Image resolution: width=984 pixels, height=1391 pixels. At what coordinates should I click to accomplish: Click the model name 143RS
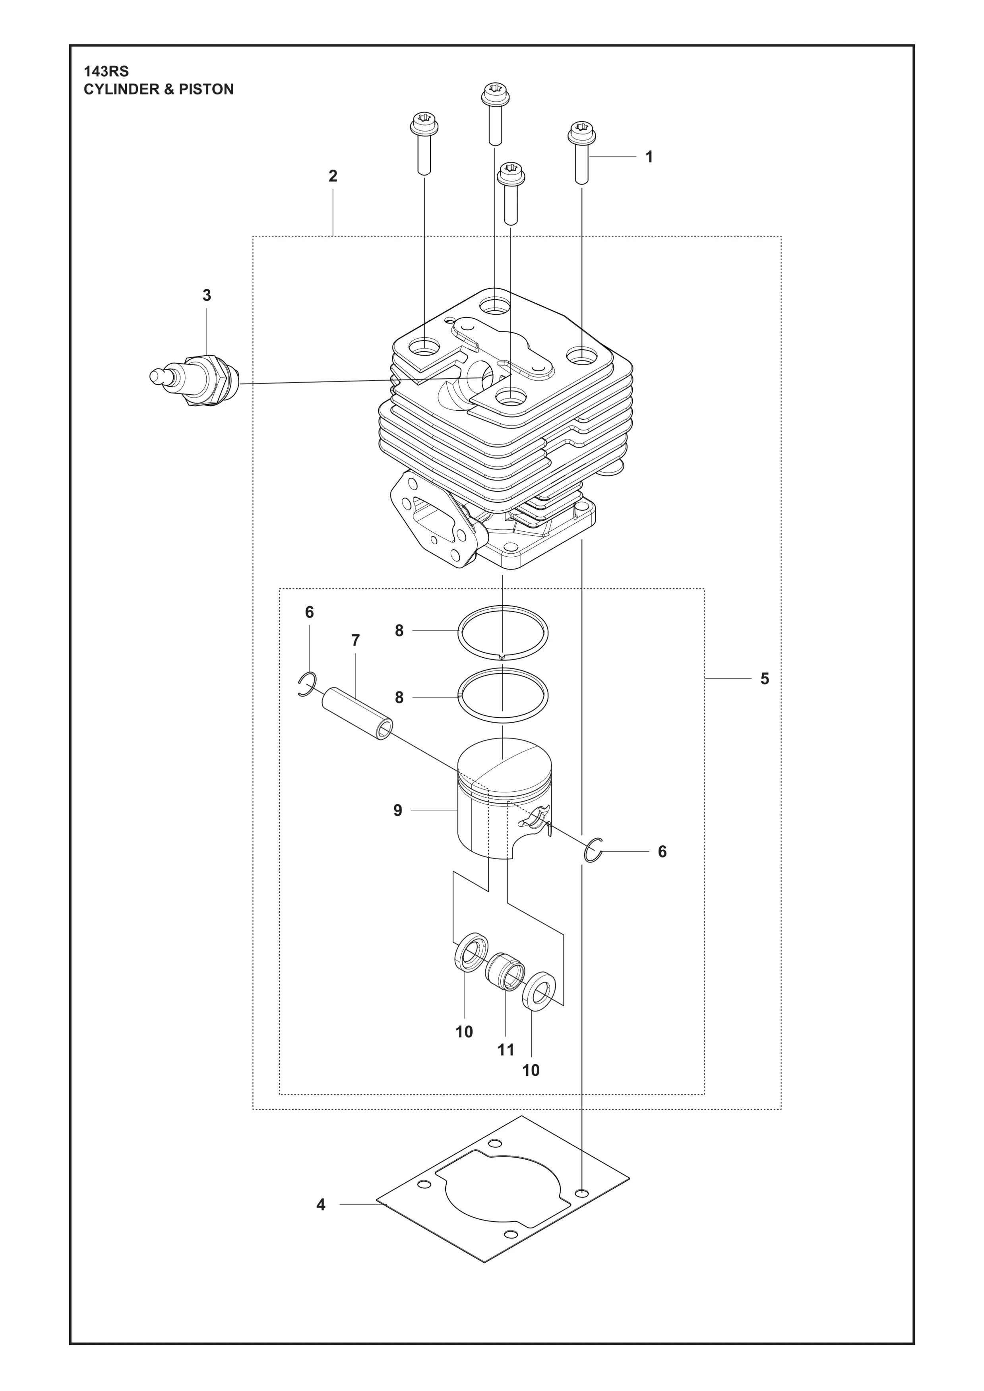106,72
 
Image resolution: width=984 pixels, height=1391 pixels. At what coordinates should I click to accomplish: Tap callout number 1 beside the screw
649,157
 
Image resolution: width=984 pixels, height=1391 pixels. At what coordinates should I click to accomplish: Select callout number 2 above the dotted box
333,176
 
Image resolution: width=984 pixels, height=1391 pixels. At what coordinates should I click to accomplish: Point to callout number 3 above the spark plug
207,296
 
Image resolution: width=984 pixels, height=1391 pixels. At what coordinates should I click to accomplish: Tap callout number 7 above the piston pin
356,640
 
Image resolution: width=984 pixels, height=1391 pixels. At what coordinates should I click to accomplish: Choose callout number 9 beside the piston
397,811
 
